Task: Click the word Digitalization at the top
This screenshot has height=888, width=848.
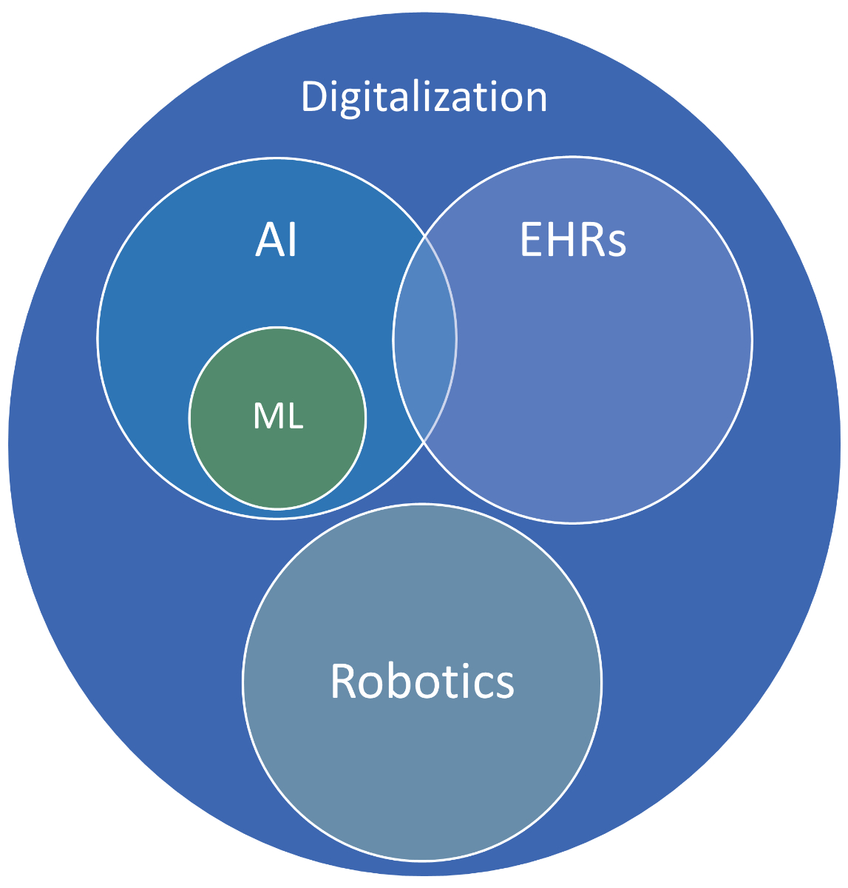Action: pyautogui.click(x=424, y=97)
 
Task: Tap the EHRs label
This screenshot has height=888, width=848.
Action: pyautogui.click(x=574, y=240)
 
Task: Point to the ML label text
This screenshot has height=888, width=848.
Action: pyautogui.click(x=278, y=417)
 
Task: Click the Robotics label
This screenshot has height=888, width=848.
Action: pyautogui.click(x=421, y=681)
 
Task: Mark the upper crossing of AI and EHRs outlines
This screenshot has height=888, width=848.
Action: pyautogui.click(x=425, y=237)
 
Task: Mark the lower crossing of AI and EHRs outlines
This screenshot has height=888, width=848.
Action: pyautogui.click(x=424, y=442)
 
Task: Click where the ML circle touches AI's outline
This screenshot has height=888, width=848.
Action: pyautogui.click(x=277, y=510)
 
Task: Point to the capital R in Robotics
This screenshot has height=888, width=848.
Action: pyautogui.click(x=344, y=681)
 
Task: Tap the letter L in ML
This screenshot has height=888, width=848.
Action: pyautogui.click(x=294, y=417)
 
